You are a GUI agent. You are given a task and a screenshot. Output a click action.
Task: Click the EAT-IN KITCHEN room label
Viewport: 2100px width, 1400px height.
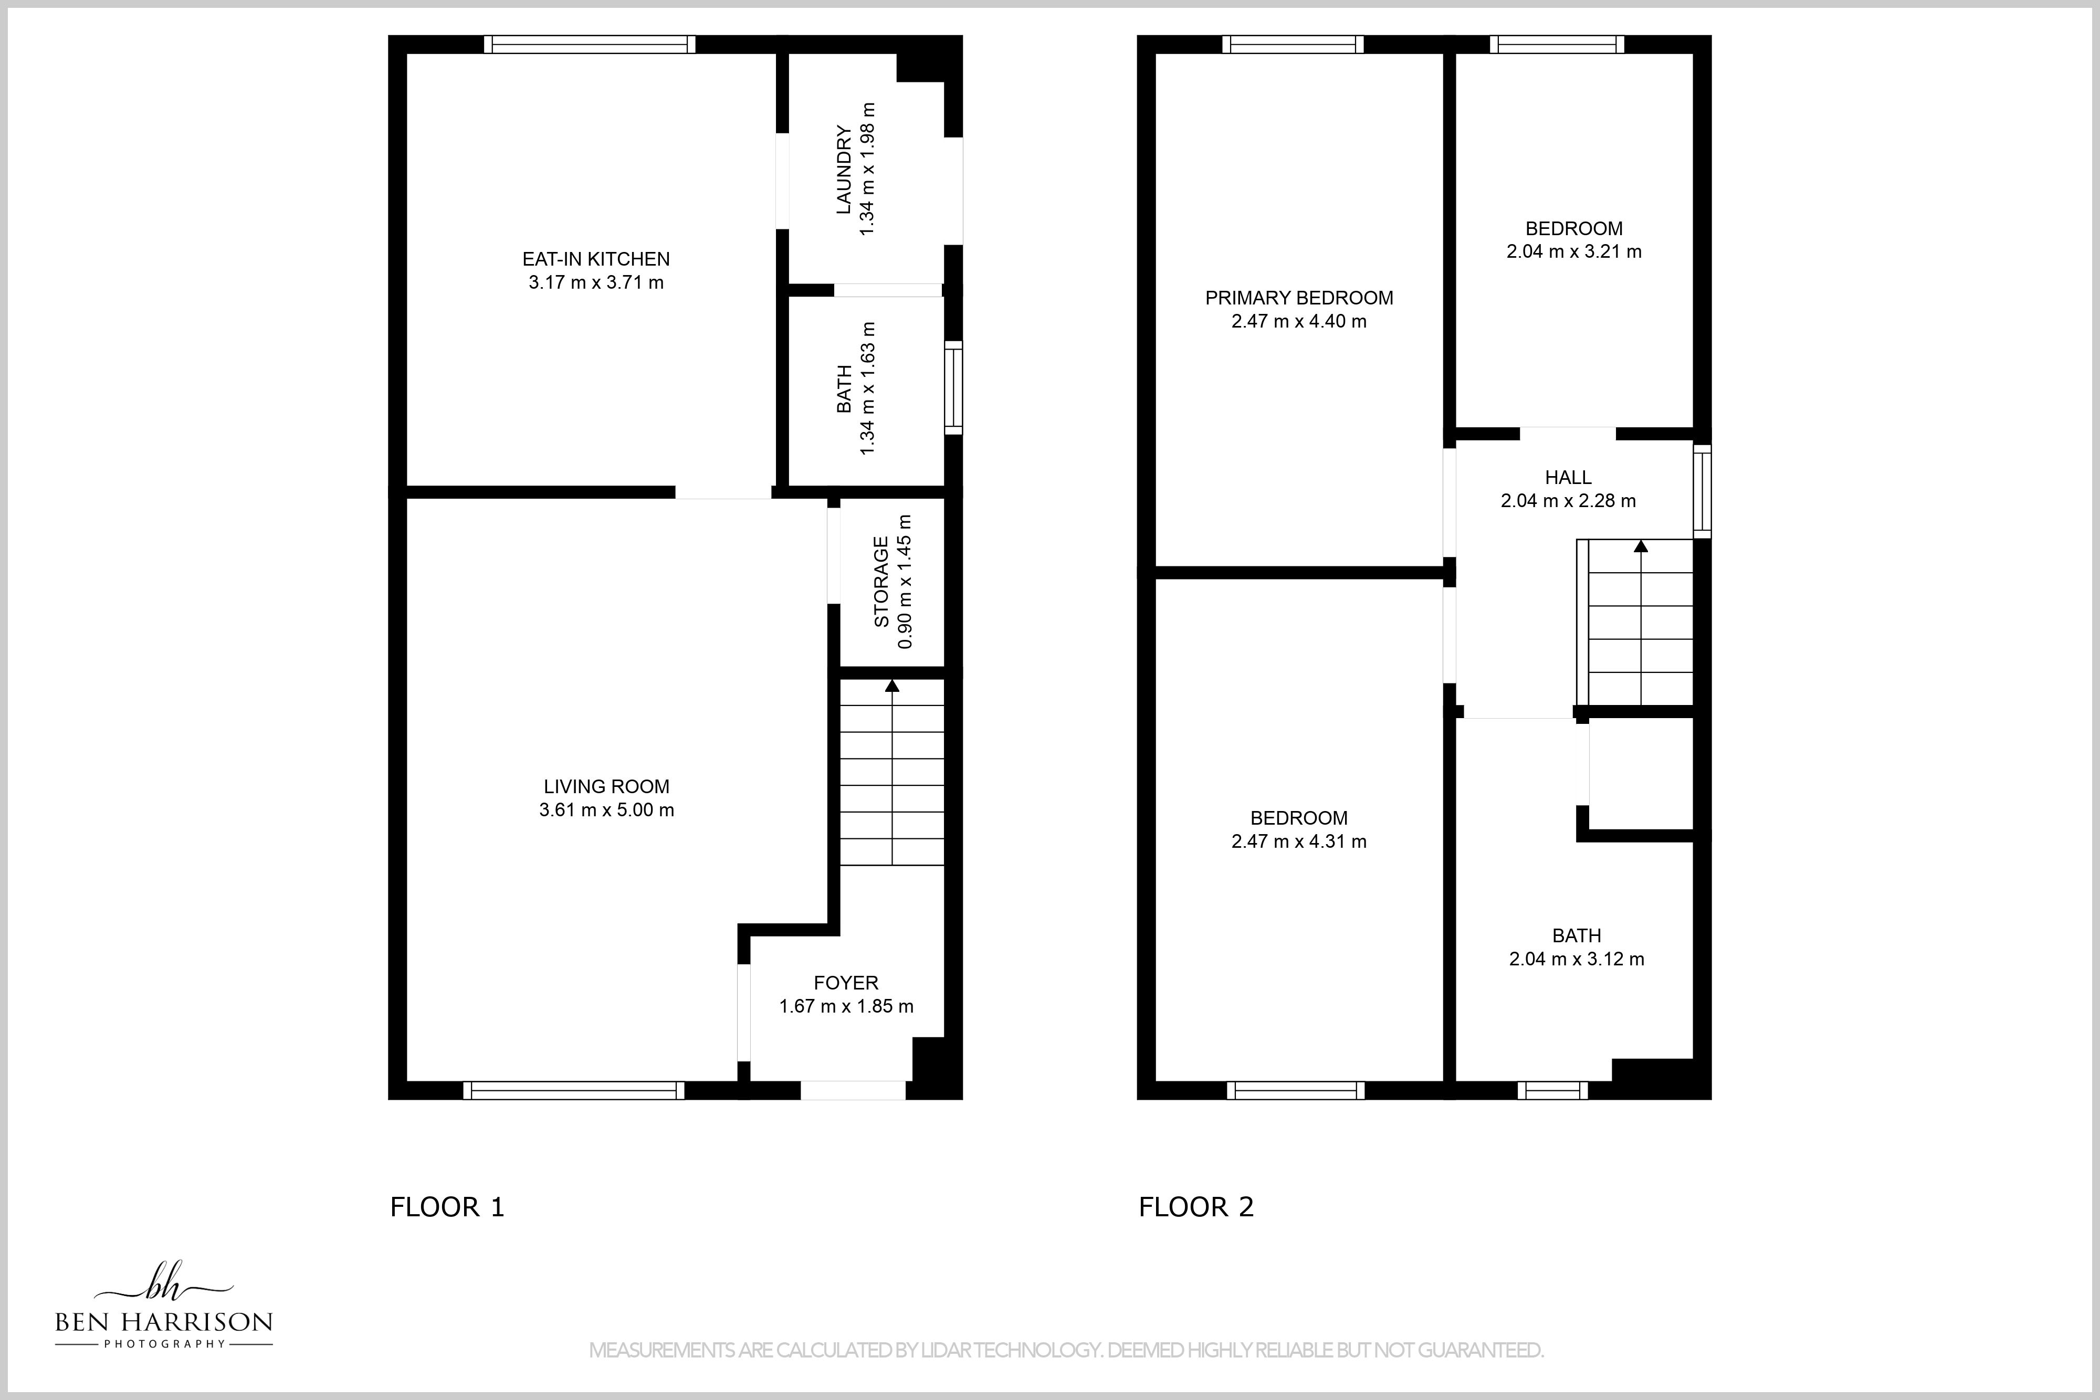(x=595, y=259)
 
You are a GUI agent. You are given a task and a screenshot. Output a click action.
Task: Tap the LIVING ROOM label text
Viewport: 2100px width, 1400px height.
(x=606, y=786)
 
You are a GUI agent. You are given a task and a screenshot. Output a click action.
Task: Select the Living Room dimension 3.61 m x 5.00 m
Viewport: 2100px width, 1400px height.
(x=606, y=810)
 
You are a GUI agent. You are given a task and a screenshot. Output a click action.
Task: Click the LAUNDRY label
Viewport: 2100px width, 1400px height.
(x=843, y=170)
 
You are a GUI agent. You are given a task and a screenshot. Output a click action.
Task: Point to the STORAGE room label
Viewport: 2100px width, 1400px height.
(x=881, y=581)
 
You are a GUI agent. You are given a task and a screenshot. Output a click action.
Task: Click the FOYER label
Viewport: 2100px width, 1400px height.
(x=846, y=983)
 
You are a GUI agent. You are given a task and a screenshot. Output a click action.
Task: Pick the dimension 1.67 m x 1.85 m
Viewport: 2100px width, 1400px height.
(x=846, y=1006)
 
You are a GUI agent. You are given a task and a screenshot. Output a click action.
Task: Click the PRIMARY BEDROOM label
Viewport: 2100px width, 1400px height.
(x=1299, y=298)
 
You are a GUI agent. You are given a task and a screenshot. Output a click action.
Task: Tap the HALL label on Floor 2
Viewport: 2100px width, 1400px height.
(x=1568, y=478)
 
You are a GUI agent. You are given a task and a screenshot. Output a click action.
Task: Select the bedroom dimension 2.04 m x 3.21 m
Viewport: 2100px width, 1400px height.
(x=1573, y=252)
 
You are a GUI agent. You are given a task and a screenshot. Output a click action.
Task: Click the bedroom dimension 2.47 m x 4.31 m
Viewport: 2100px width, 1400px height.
(x=1298, y=841)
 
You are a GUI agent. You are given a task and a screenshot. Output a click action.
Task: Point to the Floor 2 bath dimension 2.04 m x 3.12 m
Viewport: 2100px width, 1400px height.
(x=1576, y=959)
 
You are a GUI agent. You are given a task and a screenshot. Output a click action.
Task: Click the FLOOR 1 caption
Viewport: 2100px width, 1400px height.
(x=447, y=1207)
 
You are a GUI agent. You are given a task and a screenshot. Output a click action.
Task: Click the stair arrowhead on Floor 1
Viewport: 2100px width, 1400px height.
(x=892, y=685)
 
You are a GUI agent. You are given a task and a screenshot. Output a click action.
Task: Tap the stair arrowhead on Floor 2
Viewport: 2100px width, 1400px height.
(x=1641, y=545)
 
